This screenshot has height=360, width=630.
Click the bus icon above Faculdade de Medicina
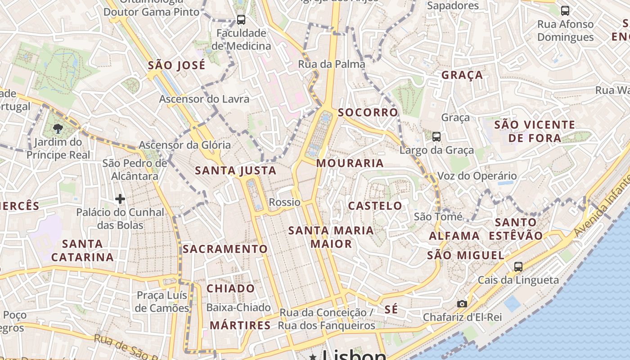[241, 19]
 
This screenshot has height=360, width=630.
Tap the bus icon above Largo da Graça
[436, 136]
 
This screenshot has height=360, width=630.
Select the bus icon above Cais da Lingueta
[518, 266]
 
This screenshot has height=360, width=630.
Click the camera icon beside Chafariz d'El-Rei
[462, 304]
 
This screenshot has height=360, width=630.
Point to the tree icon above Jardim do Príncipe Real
[58, 129]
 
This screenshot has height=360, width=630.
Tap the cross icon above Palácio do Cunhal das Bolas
[120, 198]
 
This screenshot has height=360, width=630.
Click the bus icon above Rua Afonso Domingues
[565, 10]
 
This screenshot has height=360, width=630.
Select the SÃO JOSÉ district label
[176, 65]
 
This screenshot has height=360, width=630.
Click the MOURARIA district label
[350, 163]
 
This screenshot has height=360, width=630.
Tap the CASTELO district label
[375, 206]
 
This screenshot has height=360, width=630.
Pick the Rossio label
[284, 202]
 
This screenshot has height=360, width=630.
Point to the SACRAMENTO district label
[225, 249]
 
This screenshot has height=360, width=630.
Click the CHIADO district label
[230, 288]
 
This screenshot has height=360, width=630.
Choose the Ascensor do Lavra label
[204, 99]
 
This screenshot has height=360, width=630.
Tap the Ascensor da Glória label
[184, 145]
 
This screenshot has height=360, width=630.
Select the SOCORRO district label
[368, 112]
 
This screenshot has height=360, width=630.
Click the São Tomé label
[438, 217]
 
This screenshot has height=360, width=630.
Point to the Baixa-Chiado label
[238, 308]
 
